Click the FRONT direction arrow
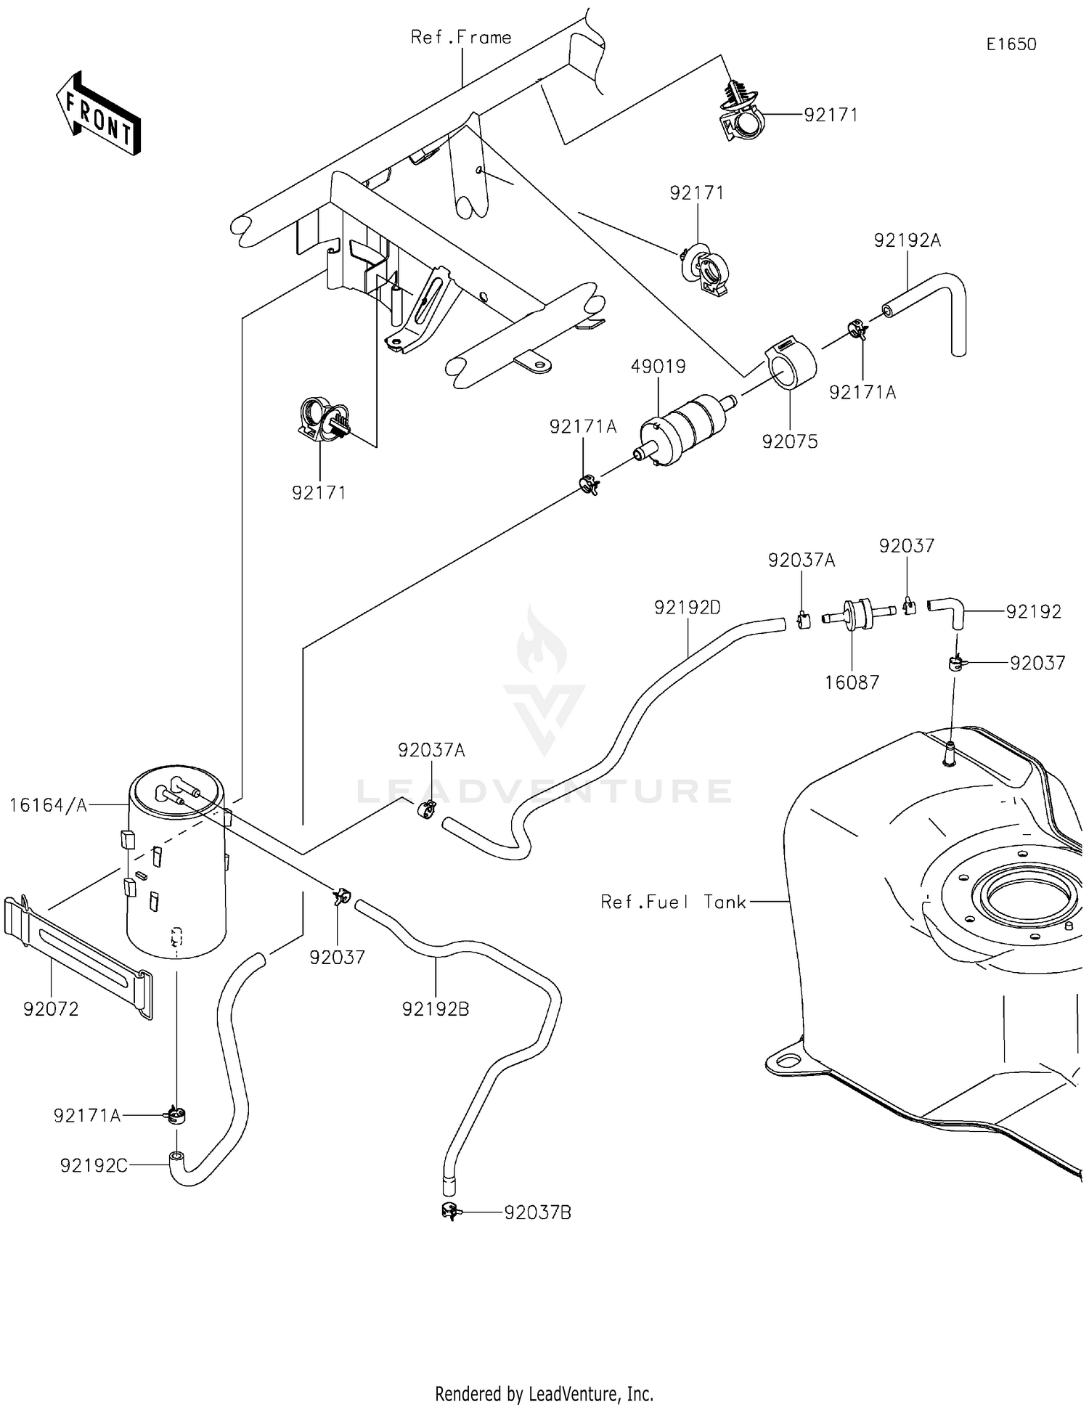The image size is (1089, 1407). click(x=98, y=115)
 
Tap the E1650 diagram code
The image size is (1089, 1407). click(x=1011, y=44)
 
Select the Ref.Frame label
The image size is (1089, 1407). click(x=461, y=38)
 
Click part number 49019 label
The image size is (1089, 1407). click(x=658, y=367)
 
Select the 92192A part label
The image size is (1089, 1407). click(x=907, y=240)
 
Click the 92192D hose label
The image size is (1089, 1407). click(x=688, y=608)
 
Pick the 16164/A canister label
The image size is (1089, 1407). click(x=48, y=804)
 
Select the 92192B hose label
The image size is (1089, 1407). click(x=436, y=1008)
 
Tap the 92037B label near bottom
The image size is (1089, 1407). click(x=537, y=1212)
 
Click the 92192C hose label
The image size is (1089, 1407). click(x=94, y=1165)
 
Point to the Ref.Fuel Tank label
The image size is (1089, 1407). click(x=673, y=902)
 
